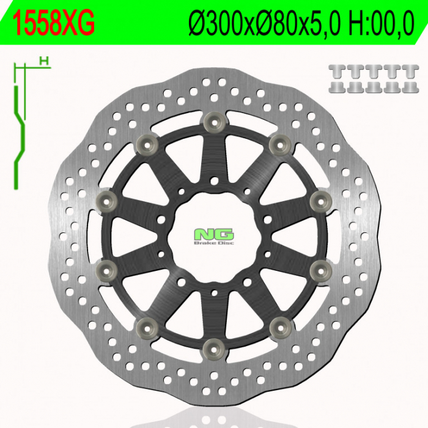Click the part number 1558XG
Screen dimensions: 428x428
[54, 23]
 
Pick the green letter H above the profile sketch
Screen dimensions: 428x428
[43, 60]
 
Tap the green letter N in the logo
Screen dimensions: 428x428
[203, 235]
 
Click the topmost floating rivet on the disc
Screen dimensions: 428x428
[213, 120]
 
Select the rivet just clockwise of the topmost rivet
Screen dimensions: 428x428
[279, 144]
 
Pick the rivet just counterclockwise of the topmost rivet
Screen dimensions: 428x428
[146, 144]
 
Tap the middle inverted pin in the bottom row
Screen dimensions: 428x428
[372, 87]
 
